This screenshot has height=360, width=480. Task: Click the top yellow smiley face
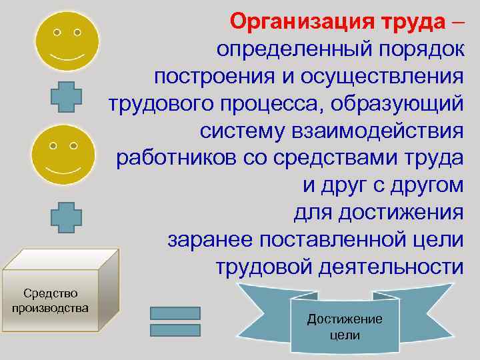tap(67, 41)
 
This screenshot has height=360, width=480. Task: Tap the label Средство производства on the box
tap(51, 301)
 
